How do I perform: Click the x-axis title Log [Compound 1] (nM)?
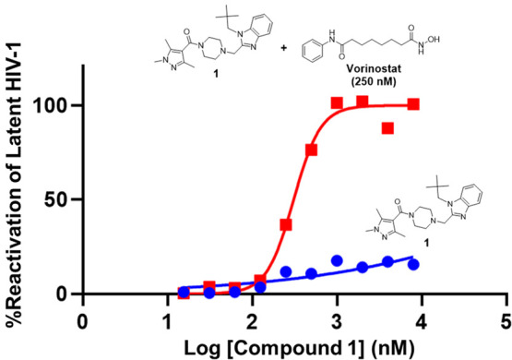tap(293, 346)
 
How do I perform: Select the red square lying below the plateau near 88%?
tap(387, 128)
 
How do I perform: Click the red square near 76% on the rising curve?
tap(312, 150)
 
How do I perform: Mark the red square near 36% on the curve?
tap(286, 224)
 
